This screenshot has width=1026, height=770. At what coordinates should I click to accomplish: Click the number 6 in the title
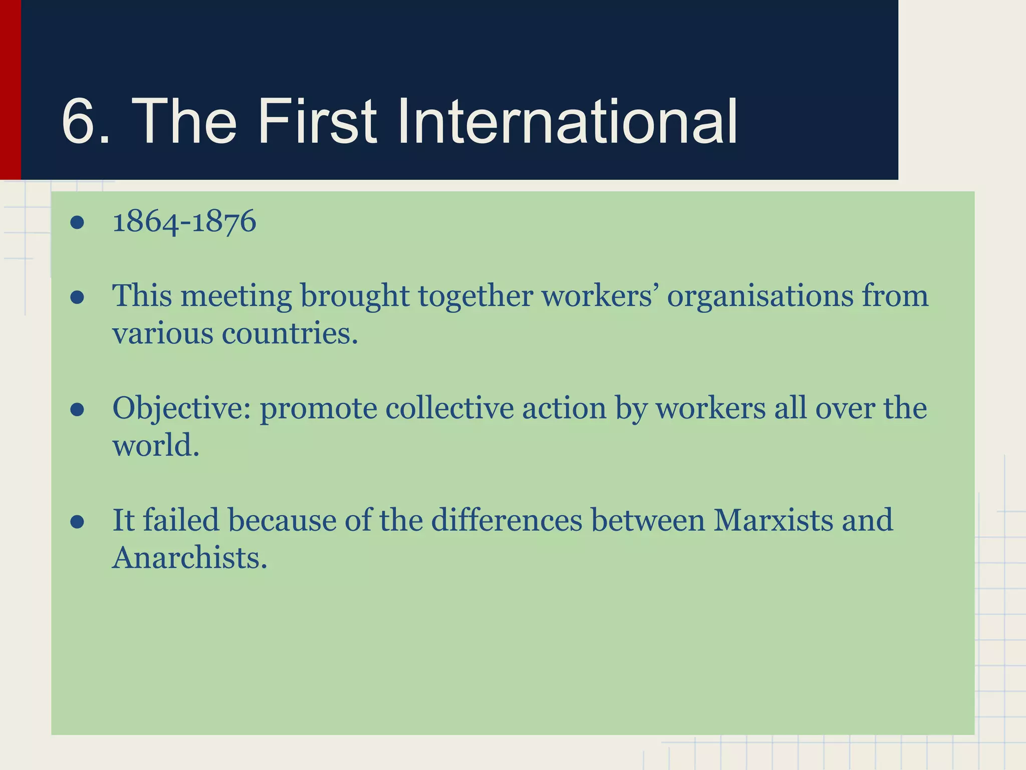tap(80, 121)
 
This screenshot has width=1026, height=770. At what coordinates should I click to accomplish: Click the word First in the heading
tap(317, 121)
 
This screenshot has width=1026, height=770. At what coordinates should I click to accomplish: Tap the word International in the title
tap(567, 121)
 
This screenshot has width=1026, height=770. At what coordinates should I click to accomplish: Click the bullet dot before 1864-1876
tap(77, 222)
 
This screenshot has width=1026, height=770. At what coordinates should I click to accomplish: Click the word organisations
tap(759, 296)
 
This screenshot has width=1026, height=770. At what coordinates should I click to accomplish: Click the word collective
tap(449, 408)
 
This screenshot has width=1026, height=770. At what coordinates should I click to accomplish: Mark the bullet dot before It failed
tap(77, 522)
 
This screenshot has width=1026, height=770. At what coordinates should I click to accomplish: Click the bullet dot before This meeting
tap(77, 297)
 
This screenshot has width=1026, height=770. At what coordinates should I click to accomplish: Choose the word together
tap(475, 296)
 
